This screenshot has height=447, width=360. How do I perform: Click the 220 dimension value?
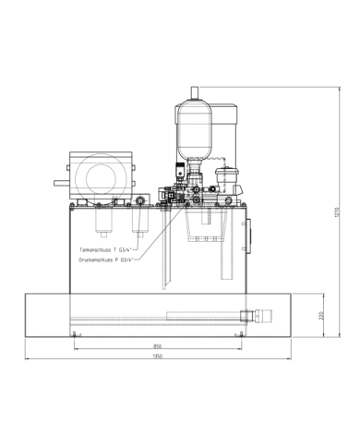(321, 317)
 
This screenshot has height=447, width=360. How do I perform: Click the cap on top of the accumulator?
(194, 91)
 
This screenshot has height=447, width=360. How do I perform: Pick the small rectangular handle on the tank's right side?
(251, 230)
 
